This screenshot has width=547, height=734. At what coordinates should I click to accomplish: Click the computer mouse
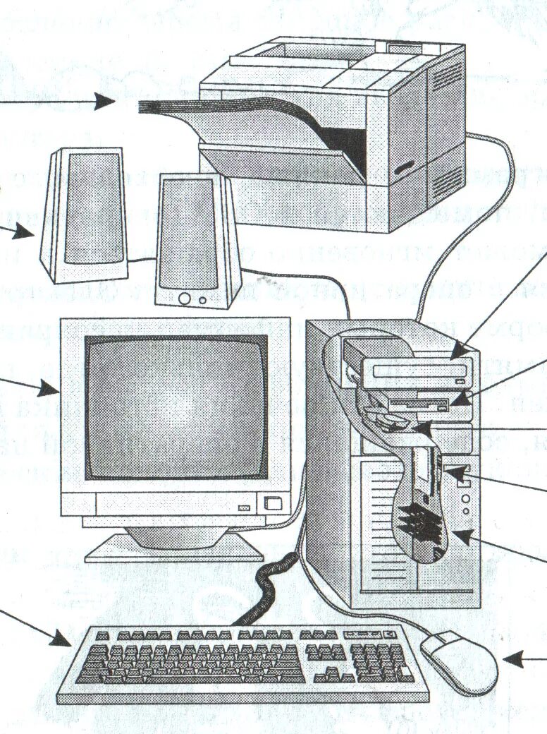459,661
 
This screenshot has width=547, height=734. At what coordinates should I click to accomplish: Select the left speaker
83,215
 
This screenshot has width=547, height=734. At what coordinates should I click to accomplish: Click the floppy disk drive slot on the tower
420,405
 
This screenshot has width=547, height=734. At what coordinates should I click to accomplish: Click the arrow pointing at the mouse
524,660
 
